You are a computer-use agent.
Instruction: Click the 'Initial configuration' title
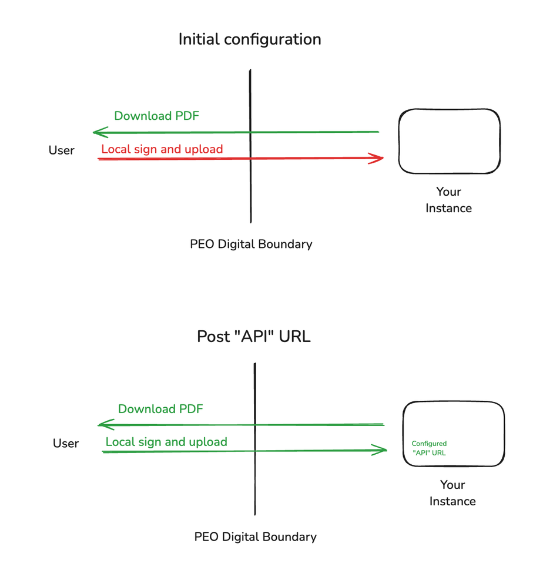click(x=250, y=40)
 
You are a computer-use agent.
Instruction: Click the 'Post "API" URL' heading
click(x=254, y=337)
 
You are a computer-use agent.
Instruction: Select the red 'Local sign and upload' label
click(x=162, y=149)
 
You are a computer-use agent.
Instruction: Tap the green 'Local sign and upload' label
click(x=166, y=442)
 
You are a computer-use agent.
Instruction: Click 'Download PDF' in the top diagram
click(x=156, y=116)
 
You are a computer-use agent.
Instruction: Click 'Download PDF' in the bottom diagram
click(x=160, y=409)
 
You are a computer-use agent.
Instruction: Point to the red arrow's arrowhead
click(x=378, y=158)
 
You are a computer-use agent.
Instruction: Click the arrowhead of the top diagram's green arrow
click(x=98, y=132)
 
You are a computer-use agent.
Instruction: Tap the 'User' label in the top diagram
click(x=61, y=150)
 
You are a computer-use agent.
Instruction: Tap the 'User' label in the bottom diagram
click(x=65, y=444)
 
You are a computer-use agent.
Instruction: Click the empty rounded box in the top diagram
click(x=450, y=141)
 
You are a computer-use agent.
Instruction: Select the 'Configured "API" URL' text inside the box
click(x=429, y=448)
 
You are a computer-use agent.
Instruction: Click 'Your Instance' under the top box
click(x=448, y=200)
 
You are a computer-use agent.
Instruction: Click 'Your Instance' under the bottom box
click(x=452, y=493)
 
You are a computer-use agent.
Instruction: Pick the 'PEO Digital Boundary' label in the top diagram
click(x=251, y=244)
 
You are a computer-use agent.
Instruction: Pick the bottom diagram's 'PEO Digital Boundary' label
click(x=255, y=537)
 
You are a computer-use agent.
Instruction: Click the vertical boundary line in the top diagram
click(x=250, y=188)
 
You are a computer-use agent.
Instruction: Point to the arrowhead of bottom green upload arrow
click(x=383, y=451)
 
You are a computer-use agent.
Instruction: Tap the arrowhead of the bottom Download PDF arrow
click(x=102, y=425)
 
